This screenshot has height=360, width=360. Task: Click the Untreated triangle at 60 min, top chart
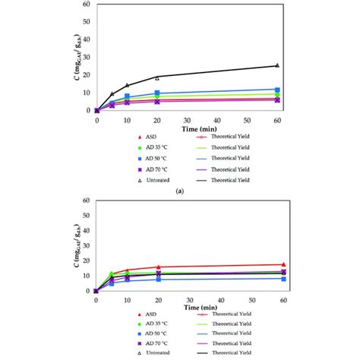click(277, 65)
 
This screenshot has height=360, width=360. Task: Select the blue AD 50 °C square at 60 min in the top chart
click(277, 90)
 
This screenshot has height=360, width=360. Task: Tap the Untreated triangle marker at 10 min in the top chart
click(128, 85)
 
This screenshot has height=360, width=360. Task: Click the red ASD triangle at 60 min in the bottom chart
click(277, 264)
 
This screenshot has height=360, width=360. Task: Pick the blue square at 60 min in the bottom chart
click(277, 279)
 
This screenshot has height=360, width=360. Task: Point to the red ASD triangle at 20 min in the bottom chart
click(157, 267)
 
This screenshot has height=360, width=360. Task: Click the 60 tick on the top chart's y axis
click(88, 4)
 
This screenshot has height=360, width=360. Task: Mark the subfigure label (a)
click(180, 192)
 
